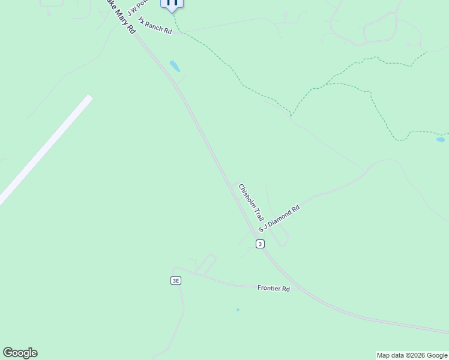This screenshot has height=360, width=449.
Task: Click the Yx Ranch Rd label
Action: (155, 26)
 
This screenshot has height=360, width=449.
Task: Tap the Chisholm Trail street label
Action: (252, 202)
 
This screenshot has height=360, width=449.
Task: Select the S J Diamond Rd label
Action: (279, 220)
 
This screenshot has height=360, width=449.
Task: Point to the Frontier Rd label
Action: (274, 289)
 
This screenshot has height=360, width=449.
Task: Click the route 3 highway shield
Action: (259, 244)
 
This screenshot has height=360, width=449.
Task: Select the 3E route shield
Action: (175, 280)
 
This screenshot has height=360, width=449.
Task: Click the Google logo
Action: (20, 353)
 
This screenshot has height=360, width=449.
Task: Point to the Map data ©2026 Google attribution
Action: (412, 355)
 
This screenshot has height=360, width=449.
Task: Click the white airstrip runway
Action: (45, 149)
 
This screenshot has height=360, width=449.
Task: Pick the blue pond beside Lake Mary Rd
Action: (175, 66)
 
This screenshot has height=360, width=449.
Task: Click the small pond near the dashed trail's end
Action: (441, 140)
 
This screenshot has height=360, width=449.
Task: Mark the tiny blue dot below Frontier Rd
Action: (238, 310)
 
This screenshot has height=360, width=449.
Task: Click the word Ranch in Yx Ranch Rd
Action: (154, 26)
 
